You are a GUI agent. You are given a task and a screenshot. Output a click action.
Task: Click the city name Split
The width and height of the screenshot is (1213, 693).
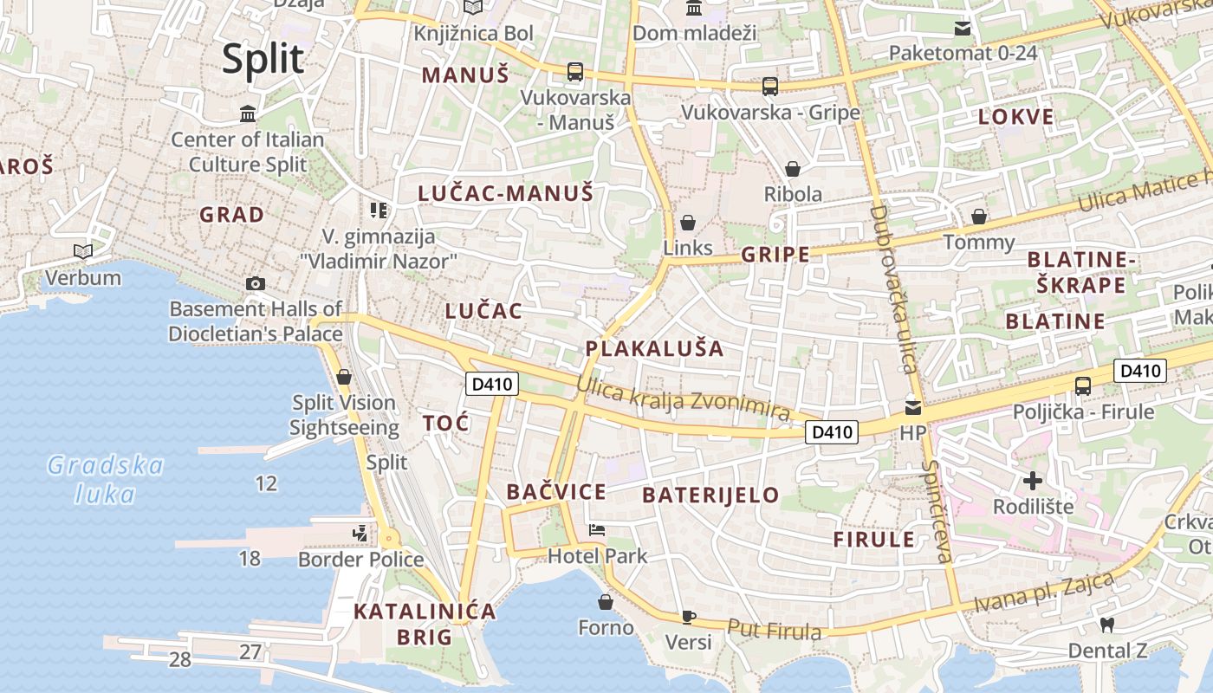263,59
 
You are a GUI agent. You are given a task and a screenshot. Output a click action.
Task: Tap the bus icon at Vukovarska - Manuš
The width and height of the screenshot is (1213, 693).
575,71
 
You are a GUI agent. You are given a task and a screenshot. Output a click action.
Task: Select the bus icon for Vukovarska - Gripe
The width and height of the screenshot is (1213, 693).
770,86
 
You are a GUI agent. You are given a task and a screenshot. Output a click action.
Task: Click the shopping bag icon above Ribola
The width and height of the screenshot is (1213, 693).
793,168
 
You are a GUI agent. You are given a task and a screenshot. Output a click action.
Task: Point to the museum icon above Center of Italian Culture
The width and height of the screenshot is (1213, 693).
248,113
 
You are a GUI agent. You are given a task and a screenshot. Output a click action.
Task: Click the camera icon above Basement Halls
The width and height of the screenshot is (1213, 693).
255,283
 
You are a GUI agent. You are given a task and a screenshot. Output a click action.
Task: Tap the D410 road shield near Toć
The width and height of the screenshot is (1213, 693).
491,383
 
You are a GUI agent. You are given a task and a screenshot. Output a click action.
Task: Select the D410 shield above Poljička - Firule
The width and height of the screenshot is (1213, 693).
1140,371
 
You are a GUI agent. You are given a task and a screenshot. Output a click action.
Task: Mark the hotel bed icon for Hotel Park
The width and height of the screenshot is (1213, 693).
597,529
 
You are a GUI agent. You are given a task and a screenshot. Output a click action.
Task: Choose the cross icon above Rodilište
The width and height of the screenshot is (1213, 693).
1033,480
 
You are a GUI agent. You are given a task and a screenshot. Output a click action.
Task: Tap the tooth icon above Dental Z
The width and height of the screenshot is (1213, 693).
1106,624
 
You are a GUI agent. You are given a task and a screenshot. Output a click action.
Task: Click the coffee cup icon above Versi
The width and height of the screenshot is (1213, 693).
689,617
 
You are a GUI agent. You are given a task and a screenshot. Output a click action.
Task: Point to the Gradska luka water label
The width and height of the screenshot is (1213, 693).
105,479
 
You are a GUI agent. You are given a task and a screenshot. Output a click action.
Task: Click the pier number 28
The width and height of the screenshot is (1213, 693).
179,660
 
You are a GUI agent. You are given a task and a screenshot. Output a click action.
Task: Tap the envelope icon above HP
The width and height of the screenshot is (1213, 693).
912,406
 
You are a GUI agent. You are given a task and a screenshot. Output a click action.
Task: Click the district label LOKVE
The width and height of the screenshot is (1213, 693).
1016,117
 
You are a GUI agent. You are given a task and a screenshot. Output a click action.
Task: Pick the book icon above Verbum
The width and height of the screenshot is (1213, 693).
83,251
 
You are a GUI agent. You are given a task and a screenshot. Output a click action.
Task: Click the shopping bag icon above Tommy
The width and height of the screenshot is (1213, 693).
979,216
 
